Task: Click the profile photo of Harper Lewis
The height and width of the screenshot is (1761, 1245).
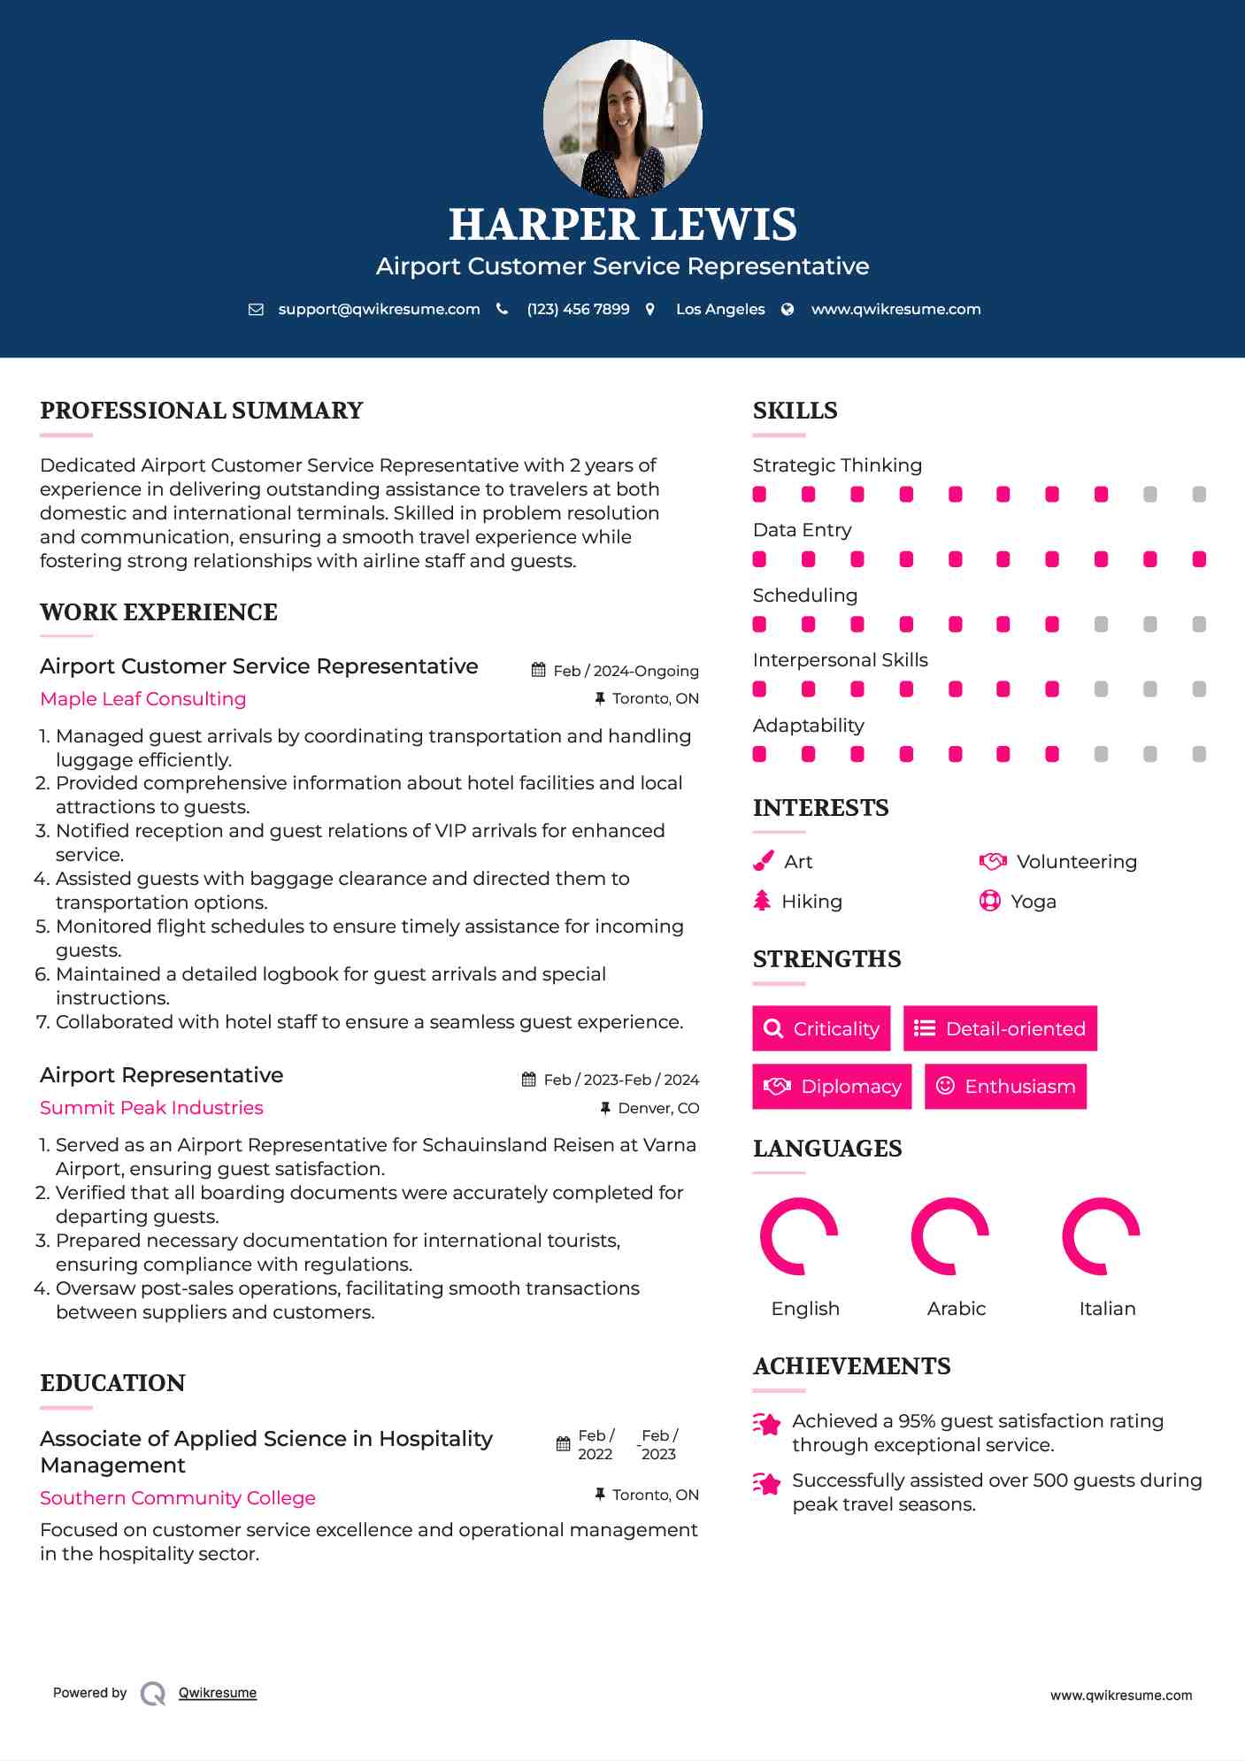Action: click(x=622, y=119)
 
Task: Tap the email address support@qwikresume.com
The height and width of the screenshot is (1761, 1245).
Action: click(x=379, y=309)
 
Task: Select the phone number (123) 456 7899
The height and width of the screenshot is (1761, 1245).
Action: click(x=578, y=309)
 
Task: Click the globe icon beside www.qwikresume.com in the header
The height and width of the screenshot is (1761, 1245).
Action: click(x=788, y=309)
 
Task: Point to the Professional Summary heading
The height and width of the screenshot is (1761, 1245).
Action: click(x=202, y=411)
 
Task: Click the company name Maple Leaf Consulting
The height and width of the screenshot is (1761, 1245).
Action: click(x=143, y=699)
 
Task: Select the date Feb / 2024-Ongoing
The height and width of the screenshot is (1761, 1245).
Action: click(x=626, y=671)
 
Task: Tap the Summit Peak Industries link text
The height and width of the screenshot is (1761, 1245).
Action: click(x=151, y=1108)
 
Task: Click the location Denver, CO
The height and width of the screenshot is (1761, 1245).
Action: click(x=658, y=1108)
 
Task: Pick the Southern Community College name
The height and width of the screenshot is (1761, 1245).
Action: click(x=178, y=1498)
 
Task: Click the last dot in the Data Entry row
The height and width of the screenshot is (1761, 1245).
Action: click(x=1199, y=559)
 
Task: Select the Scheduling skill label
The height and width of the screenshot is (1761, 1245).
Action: click(x=804, y=596)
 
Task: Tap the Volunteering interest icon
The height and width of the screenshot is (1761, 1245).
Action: click(x=993, y=861)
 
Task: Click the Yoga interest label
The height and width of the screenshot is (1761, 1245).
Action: click(x=1034, y=902)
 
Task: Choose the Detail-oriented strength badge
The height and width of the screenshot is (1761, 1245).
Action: click(x=1000, y=1028)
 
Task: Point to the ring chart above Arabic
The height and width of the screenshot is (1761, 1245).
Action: click(x=949, y=1236)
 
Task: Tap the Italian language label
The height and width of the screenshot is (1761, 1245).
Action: click(x=1107, y=1309)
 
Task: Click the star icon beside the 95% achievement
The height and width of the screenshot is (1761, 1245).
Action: click(x=766, y=1424)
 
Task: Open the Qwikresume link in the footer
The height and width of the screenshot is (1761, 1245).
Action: click(x=218, y=1693)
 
